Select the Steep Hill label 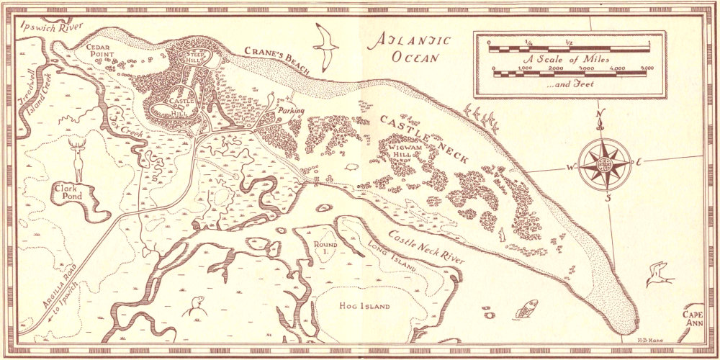pyautogui.click(x=197, y=58)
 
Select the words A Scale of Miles pyautogui.click(x=568, y=59)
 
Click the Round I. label pyautogui.click(x=322, y=248)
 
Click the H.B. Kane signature pyautogui.click(x=649, y=330)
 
